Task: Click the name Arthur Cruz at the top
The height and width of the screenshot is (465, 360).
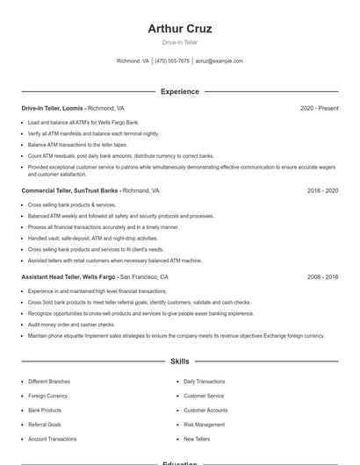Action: point(180,29)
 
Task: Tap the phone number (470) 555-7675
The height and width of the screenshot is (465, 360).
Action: point(172,61)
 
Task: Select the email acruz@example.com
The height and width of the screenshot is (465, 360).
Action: point(219,61)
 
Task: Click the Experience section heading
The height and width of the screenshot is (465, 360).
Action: point(180,91)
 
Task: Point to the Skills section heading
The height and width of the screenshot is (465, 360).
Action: point(180,361)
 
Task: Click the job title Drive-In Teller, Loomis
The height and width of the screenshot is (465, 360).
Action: point(53,108)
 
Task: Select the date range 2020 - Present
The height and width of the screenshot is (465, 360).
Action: point(319,108)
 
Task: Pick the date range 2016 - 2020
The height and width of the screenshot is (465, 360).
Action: point(322,190)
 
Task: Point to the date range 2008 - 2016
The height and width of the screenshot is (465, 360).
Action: point(322,276)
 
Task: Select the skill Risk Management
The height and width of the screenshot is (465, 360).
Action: point(205,424)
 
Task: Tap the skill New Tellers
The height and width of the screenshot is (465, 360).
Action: point(198,439)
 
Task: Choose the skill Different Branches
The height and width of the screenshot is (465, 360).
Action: point(50,382)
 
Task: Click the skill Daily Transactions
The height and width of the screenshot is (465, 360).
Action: point(205,382)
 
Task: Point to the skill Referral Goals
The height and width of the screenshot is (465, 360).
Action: point(45,424)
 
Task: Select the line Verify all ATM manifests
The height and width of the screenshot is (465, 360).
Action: point(93,133)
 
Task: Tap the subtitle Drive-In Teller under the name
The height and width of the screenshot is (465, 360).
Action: point(180,42)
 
